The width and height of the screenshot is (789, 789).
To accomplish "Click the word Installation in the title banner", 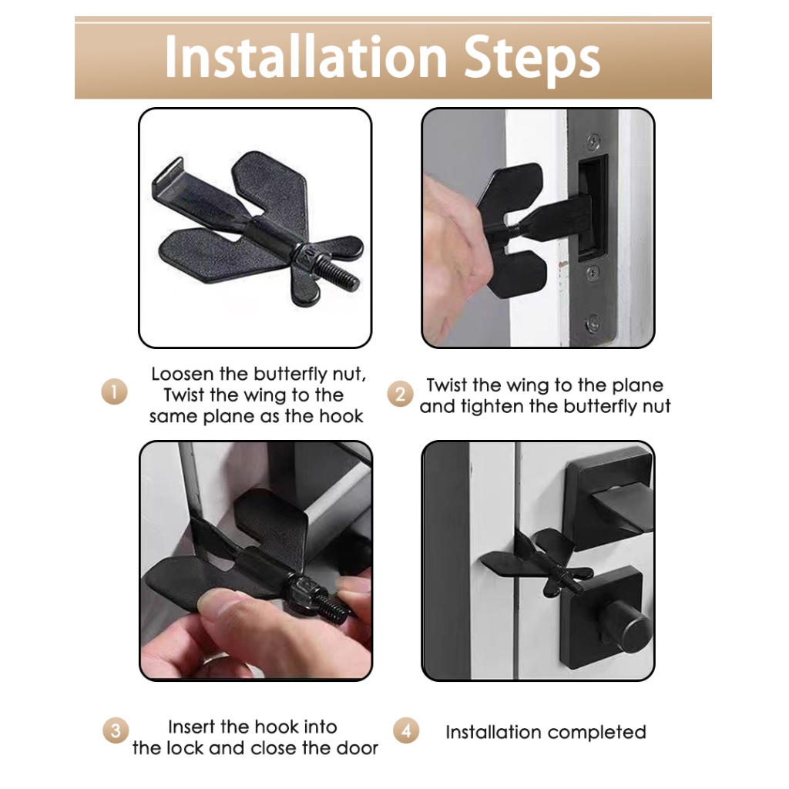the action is (306, 57).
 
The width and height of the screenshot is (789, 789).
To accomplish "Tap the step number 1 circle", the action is (114, 392).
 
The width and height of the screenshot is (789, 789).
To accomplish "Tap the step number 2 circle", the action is (400, 394).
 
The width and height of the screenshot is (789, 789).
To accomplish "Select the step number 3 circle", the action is (116, 730).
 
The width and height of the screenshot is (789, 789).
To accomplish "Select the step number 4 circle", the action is (406, 730).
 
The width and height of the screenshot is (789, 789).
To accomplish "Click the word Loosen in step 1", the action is (183, 374).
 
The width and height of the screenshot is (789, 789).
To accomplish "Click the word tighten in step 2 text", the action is (492, 407).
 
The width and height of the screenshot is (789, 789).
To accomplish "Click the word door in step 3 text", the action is (358, 748).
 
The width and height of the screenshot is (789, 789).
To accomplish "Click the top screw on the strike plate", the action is (594, 141).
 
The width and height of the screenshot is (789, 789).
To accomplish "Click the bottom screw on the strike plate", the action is (594, 323).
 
